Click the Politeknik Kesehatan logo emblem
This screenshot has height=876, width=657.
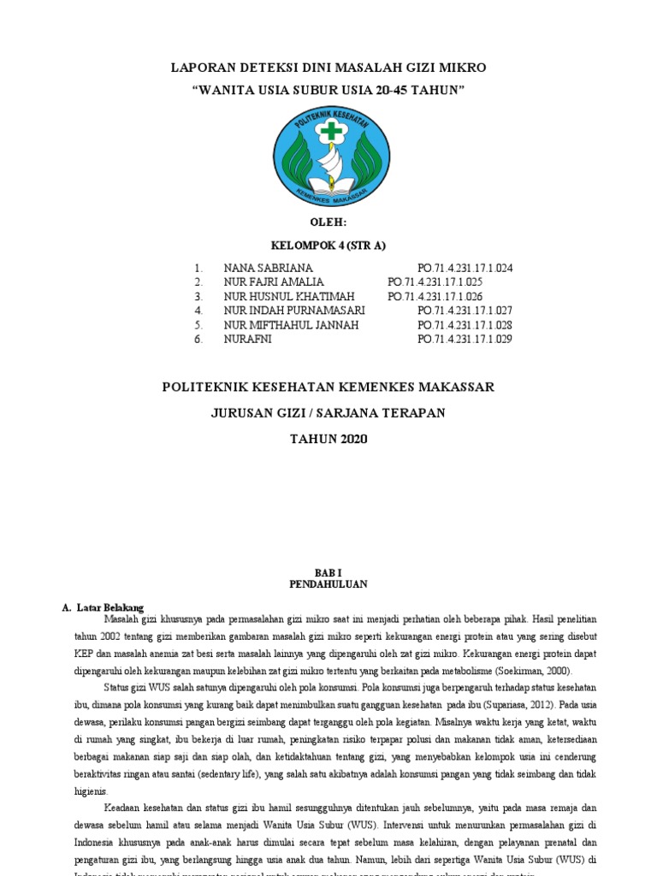click(x=329, y=159)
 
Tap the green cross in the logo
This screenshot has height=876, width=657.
click(x=329, y=132)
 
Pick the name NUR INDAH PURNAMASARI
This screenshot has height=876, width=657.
click(x=294, y=311)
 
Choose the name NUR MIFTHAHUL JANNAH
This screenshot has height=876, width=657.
click(x=291, y=325)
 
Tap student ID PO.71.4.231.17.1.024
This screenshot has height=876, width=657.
click(x=465, y=268)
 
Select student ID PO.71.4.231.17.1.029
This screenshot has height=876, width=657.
click(x=465, y=340)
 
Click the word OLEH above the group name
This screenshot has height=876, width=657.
click(x=328, y=222)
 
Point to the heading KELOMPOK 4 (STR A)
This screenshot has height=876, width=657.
click(x=328, y=246)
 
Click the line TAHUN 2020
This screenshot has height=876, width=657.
click(x=328, y=439)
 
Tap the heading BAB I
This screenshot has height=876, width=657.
click(x=328, y=571)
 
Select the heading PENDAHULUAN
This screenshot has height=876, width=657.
click(x=328, y=584)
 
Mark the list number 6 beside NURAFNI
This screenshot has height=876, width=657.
click(x=198, y=340)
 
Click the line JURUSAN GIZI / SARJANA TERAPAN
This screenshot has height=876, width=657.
click(x=328, y=413)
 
